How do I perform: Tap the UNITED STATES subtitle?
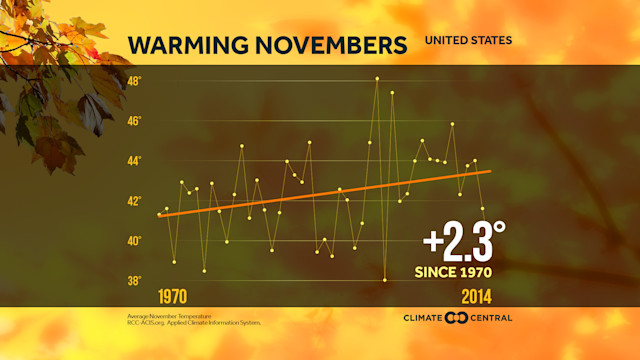coord(468,41)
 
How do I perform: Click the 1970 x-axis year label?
coord(175,298)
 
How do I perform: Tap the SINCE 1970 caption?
coord(455,271)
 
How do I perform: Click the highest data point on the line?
coord(377,78)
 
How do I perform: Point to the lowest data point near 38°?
coord(385,280)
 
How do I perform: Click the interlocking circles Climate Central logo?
coord(456,318)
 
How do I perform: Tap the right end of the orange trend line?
coord(490,171)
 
